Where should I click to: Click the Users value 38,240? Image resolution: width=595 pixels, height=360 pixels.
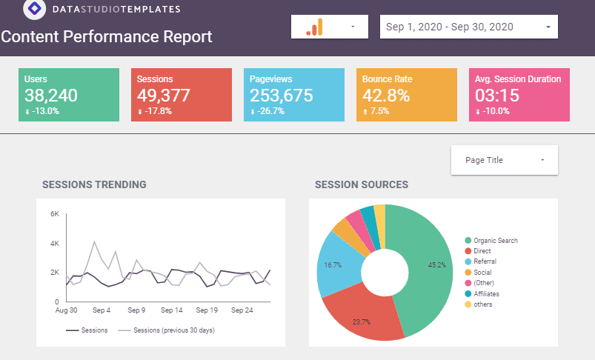click(51, 96)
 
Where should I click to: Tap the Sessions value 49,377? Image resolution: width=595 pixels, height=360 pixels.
click(163, 96)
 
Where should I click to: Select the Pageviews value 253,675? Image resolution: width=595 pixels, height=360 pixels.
click(281, 96)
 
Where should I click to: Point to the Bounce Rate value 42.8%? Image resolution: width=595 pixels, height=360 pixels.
click(386, 96)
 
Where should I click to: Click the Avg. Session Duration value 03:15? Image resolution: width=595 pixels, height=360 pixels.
click(496, 96)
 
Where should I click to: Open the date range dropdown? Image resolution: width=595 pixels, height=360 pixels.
click(468, 27)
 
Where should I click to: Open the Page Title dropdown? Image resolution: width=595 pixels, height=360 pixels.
click(505, 160)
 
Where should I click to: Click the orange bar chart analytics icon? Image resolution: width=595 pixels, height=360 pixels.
click(314, 27)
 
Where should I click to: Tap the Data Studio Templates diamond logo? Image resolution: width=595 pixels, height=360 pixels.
click(35, 8)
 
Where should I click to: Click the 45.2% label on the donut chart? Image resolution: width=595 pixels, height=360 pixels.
click(436, 265)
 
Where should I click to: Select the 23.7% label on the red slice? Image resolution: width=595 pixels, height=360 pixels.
click(362, 322)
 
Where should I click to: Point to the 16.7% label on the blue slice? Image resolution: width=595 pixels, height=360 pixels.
click(333, 265)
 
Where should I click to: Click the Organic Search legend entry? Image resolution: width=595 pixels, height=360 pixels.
click(491, 241)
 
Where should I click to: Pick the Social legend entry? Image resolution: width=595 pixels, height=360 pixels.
click(478, 273)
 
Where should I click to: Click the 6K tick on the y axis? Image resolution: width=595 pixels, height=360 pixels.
click(55, 214)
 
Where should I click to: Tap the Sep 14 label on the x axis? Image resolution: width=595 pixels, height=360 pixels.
click(171, 310)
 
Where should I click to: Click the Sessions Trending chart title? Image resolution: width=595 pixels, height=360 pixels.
click(94, 184)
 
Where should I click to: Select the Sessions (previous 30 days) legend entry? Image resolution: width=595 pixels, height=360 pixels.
click(166, 330)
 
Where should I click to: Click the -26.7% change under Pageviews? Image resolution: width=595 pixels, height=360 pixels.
click(267, 111)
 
